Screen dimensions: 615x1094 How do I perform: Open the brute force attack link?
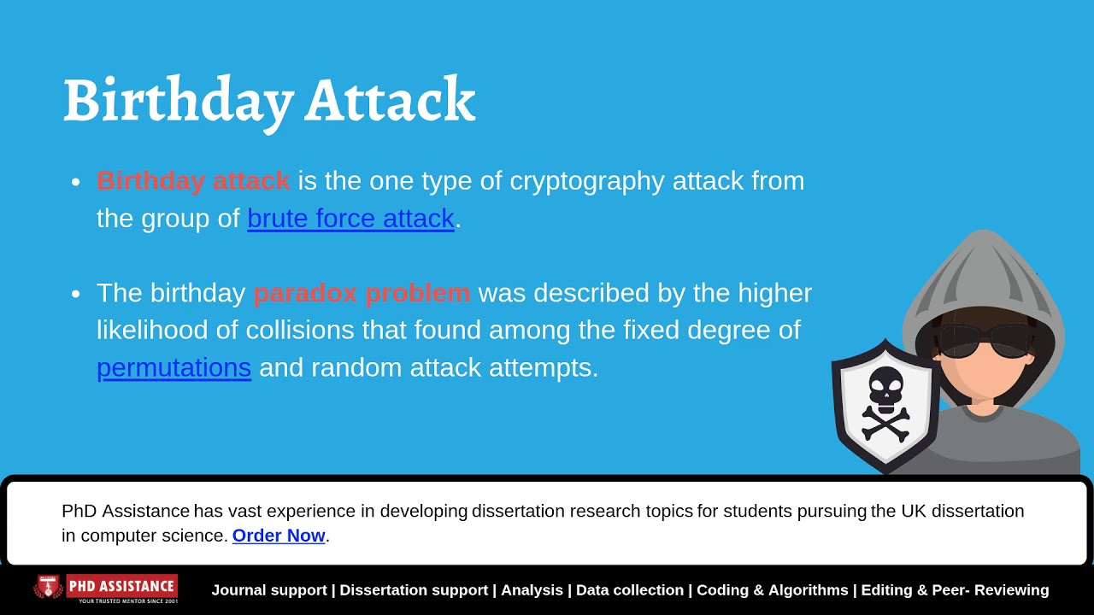(x=350, y=219)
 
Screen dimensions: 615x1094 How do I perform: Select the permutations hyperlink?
(x=174, y=367)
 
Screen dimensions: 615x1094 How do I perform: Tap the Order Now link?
(x=279, y=536)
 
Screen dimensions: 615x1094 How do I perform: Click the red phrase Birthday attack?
(x=193, y=181)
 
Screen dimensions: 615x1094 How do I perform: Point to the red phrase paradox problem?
(x=362, y=293)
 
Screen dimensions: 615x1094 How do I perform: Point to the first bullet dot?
(x=76, y=182)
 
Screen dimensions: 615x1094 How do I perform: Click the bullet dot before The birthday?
(x=76, y=294)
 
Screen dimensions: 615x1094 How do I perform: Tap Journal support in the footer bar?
(x=269, y=590)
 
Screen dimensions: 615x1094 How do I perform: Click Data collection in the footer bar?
(x=630, y=590)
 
